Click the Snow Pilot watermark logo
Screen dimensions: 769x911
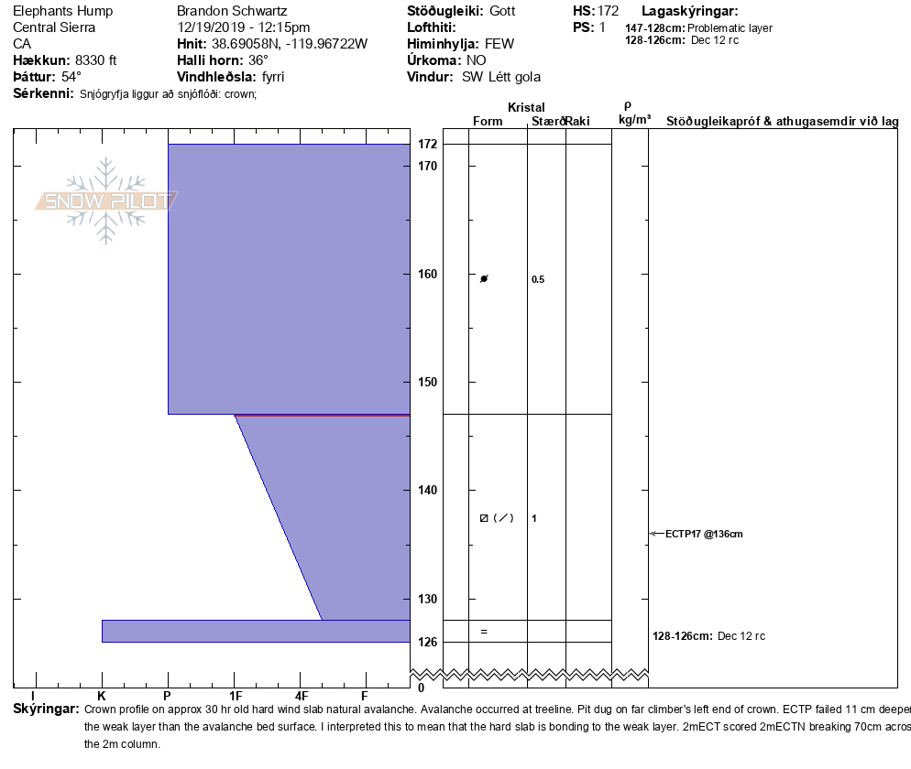(x=106, y=200)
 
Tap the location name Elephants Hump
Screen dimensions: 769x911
(x=62, y=11)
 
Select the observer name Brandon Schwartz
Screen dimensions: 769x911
(x=231, y=11)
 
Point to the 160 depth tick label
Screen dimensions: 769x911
(x=428, y=274)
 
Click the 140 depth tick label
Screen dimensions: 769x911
(x=428, y=490)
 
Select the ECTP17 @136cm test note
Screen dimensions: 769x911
(x=704, y=534)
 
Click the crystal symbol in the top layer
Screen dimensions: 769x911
(x=484, y=278)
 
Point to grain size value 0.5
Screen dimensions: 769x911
(x=538, y=280)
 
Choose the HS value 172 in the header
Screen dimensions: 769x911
(x=608, y=11)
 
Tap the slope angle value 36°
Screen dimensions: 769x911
(x=252, y=60)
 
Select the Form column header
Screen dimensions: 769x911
(x=488, y=121)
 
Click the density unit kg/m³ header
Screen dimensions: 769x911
(x=634, y=120)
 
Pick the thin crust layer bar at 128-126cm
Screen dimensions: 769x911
(x=255, y=631)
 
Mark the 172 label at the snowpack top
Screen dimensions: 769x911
(x=428, y=145)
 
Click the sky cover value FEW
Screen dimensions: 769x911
(x=499, y=44)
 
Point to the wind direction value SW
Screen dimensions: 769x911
(x=471, y=77)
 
